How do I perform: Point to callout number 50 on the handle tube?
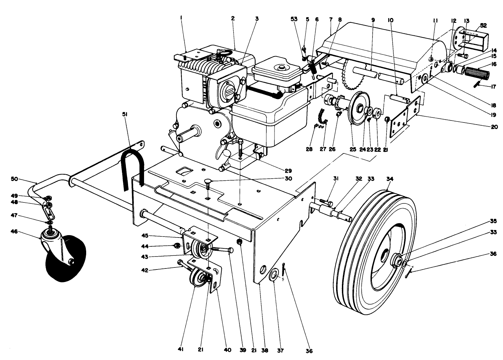click(24, 179)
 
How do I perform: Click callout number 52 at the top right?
click(483, 26)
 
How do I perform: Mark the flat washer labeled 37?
click(273, 275)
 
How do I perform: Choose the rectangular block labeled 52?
click(470, 37)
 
